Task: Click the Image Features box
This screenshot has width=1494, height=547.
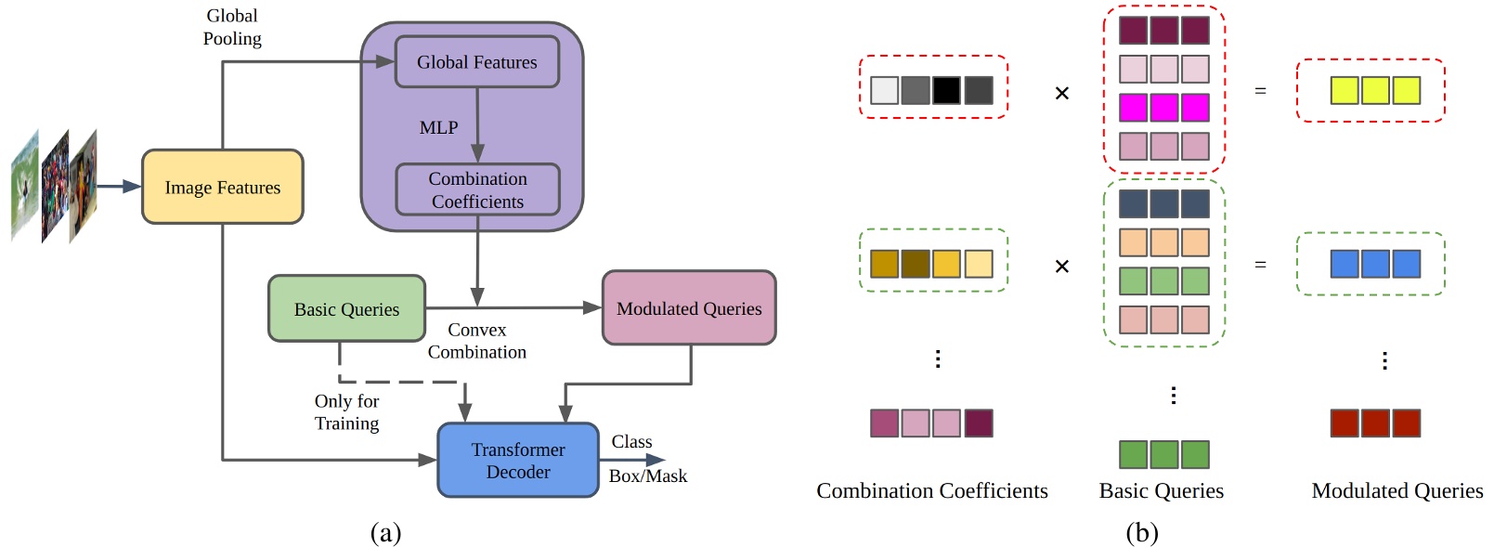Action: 222,187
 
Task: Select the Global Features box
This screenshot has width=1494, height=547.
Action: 476,62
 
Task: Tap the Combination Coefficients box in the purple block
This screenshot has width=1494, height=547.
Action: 477,189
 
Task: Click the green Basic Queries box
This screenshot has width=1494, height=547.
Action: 346,308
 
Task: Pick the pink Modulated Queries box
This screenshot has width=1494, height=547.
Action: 688,308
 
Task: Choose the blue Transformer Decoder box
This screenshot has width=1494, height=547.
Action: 517,461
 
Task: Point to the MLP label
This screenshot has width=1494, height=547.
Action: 438,127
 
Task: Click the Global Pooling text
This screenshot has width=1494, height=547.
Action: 232,27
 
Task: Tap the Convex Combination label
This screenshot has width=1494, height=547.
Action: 476,341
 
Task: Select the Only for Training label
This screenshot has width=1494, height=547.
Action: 346,412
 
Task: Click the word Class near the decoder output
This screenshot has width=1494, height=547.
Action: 631,442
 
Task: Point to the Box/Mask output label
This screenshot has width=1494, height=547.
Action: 647,475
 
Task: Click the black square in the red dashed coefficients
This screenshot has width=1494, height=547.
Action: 946,90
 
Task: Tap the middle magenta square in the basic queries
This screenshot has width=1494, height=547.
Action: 1163,108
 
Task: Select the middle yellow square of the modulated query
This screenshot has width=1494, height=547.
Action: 1375,90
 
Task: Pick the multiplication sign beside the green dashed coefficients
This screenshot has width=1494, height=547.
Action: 1062,267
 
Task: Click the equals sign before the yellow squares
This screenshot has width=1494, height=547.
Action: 1260,91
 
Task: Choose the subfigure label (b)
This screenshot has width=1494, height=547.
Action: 1141,532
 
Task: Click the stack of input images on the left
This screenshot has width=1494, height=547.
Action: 54,187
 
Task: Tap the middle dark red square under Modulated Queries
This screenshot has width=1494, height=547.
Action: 1375,423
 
